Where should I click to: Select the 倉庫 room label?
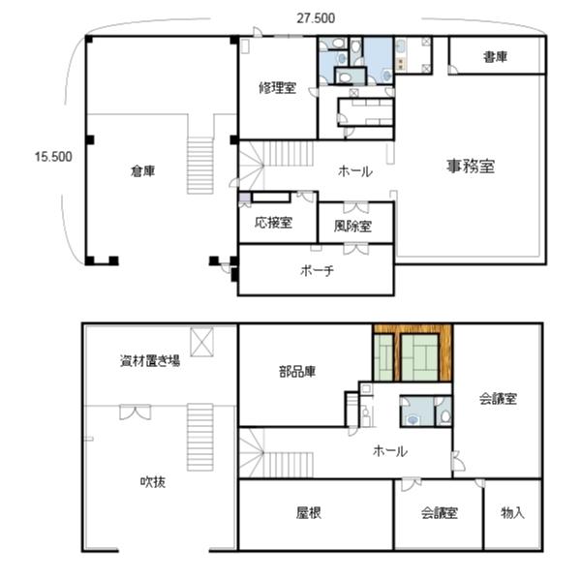(x=143, y=171)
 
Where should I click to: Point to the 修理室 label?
(x=277, y=88)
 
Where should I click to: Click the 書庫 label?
(x=496, y=57)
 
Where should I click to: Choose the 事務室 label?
(x=471, y=166)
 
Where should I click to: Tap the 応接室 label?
(x=274, y=223)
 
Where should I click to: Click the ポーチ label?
(x=317, y=271)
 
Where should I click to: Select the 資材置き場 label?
(x=150, y=362)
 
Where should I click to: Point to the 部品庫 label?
(x=297, y=372)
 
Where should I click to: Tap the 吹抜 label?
(x=152, y=481)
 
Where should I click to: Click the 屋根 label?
(x=309, y=513)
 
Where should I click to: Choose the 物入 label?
(x=513, y=513)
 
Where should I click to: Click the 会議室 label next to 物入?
(x=439, y=513)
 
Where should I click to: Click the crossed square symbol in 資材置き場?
(x=203, y=342)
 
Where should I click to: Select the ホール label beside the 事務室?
(x=354, y=171)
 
